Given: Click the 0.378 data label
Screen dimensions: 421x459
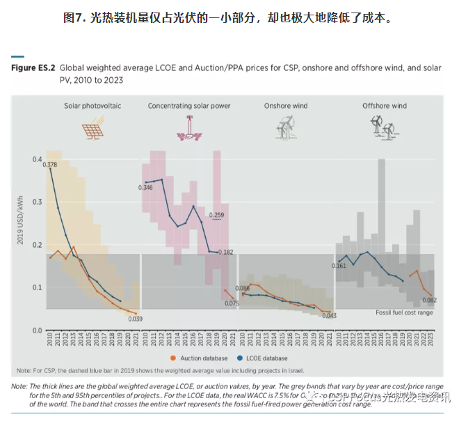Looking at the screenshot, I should tap(49, 164).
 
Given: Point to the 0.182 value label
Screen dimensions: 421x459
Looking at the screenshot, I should tap(225, 252).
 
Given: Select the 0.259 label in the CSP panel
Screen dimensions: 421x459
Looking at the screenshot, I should tap(216, 215).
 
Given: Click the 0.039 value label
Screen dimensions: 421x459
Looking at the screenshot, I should tap(136, 319).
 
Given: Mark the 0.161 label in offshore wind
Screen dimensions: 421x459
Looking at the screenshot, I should tap(339, 266).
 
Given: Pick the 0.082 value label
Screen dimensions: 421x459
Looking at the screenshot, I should tap(429, 300).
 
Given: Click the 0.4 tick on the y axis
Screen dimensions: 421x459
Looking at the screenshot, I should tap(36, 159).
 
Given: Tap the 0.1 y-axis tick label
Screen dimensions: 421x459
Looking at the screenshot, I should tap(36, 287).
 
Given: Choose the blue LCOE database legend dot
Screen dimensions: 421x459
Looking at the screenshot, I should tap(239, 358).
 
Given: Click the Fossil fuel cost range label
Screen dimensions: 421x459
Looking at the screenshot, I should tap(404, 313).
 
